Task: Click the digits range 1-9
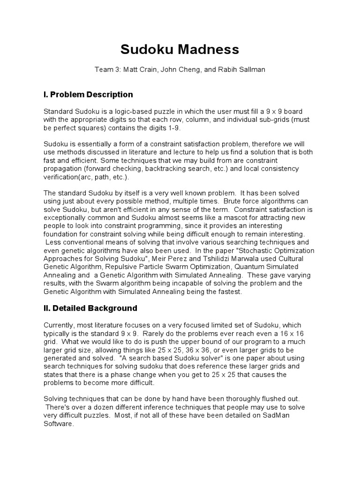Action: pyautogui.click(x=172, y=127)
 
